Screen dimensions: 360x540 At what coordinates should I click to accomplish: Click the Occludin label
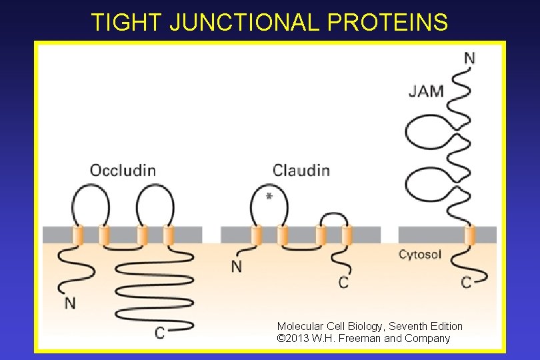(123, 170)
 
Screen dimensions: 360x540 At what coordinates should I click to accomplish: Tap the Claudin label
(301, 170)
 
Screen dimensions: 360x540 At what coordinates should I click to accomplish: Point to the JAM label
(426, 91)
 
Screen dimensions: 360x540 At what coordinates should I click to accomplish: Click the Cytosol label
(419, 254)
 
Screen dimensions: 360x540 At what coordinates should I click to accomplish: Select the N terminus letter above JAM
(469, 58)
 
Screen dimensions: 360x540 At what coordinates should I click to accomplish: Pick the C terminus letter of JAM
(467, 283)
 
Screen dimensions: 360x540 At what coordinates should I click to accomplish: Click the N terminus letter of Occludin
(70, 303)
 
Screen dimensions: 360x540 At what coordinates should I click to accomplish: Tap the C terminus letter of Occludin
(160, 333)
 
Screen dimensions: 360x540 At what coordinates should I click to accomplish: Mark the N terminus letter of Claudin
(237, 266)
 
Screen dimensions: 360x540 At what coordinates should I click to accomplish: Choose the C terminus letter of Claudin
(343, 283)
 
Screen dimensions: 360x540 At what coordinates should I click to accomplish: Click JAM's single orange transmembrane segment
(470, 235)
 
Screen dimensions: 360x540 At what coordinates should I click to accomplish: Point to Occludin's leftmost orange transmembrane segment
(77, 235)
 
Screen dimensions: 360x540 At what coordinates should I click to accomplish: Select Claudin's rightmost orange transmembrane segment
(346, 235)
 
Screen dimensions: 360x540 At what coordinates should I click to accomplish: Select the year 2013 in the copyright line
(297, 338)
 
